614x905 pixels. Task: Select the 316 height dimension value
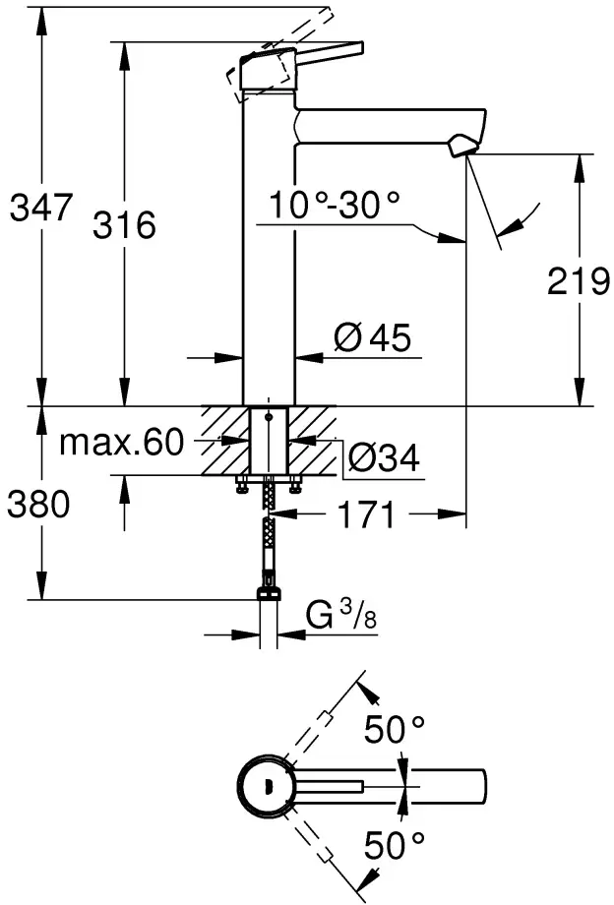click(124, 225)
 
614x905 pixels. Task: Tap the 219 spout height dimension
click(580, 282)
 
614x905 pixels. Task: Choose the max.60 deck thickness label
click(121, 443)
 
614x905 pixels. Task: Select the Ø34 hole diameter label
click(384, 457)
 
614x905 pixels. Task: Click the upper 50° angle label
click(394, 730)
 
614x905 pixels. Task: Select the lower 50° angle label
click(394, 843)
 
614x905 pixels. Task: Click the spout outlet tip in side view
click(460, 149)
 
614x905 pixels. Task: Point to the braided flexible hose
click(268, 531)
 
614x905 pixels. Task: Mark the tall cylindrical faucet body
click(268, 246)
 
